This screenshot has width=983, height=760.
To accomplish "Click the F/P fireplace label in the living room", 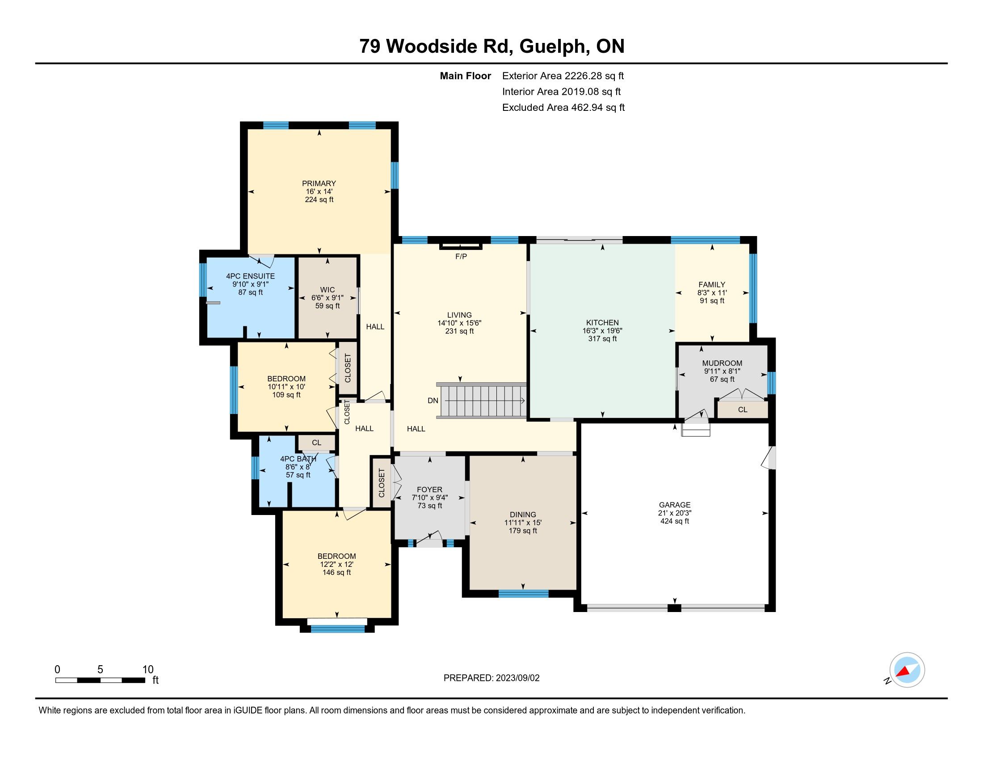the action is point(461,257).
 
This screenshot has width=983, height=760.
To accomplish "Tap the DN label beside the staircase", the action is point(433,400).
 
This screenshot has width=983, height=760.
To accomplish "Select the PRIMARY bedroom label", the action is point(319,183).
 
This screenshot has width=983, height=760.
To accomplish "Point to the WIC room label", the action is point(327,290).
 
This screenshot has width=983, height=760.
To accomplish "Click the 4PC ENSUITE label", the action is point(250,276).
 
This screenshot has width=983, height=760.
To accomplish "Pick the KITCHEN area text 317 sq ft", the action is point(602,338).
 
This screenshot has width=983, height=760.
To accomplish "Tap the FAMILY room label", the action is point(712,284).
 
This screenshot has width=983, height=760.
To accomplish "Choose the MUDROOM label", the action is point(722,363).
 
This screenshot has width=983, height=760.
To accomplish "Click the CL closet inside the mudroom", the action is point(743,410).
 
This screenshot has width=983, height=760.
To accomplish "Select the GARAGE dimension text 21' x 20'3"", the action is point(674,513).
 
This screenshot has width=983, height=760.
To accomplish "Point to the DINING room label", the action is point(523,515).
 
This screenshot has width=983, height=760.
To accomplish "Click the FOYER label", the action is point(429,490).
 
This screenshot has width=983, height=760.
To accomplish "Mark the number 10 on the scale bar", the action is point(148,670).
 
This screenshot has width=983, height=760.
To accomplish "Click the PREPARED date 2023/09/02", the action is point(517,678).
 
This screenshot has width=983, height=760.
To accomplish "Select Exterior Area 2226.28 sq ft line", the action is point(563,76).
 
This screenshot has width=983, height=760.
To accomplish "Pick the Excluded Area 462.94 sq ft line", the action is point(563,107).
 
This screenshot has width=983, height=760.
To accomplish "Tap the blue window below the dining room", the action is point(524,593).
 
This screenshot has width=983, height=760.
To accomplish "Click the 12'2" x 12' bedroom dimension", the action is point(336,564).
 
